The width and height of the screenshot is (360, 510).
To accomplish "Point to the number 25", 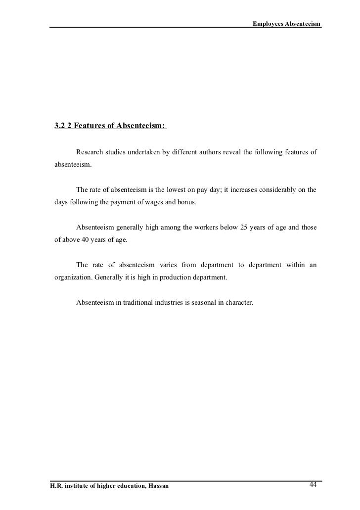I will (x=243, y=228).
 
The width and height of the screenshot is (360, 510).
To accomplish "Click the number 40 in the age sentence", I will (x=86, y=241).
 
